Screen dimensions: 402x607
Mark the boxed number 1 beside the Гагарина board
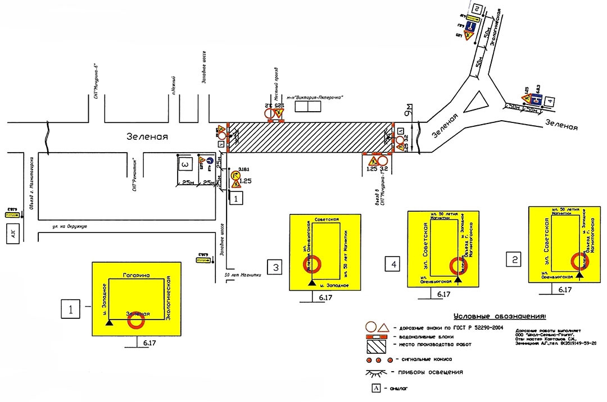click(70, 308)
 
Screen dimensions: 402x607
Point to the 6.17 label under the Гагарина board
click(150, 342)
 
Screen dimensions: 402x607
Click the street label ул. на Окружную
click(65, 226)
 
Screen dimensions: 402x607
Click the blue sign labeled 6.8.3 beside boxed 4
click(537, 100)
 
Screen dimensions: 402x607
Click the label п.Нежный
click(175, 86)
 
